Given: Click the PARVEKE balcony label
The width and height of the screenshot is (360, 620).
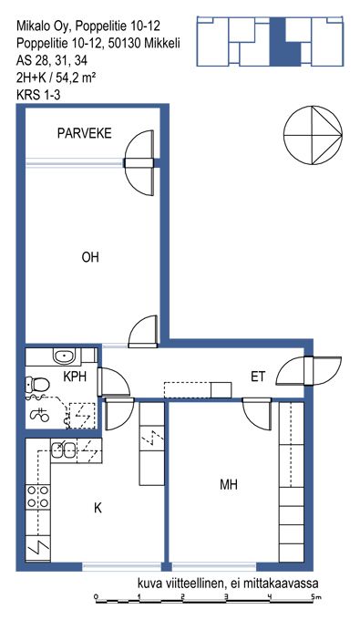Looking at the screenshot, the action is coord(84,133).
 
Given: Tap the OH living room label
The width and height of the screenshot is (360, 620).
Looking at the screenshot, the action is coord(90,257).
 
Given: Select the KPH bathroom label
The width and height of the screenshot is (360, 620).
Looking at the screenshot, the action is coord(75,377).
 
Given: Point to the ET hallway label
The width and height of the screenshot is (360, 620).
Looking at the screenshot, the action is coord(258,377).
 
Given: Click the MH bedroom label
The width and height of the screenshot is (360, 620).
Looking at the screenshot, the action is coord(229,484).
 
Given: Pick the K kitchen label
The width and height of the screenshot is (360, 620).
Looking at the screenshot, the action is coord(98,508).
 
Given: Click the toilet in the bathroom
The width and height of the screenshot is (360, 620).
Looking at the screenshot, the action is coord(36,384).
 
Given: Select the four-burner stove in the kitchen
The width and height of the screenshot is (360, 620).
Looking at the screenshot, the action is coord(38,497).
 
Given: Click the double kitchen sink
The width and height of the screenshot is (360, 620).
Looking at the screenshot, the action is coord(64,449).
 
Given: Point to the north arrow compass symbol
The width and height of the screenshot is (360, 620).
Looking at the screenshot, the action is coord(313,135).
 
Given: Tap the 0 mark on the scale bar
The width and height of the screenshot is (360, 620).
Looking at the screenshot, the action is coord(96,596).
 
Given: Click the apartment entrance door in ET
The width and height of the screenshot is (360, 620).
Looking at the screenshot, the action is coord(308,371).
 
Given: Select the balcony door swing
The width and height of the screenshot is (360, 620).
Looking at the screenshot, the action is coord(139,162).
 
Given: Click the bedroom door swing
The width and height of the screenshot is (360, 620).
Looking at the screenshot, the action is coord(257,414).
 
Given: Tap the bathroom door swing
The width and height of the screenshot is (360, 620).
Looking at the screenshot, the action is coord(114,381).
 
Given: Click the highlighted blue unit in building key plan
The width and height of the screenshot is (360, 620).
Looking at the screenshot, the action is coord(283,42).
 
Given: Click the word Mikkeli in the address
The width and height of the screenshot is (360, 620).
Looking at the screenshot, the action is coord(162,43).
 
